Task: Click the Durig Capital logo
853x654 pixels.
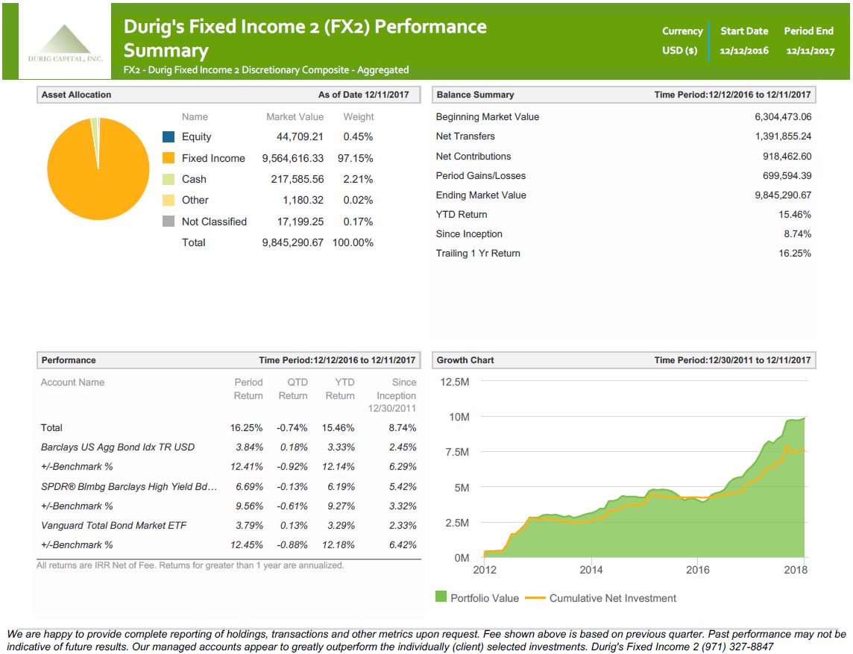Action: [x=66, y=43]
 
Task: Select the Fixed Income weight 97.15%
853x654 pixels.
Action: [x=358, y=158]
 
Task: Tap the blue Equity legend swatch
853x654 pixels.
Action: [x=169, y=137]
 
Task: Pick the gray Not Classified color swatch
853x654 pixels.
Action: [x=169, y=221]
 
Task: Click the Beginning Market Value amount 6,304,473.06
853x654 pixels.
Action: [x=783, y=117]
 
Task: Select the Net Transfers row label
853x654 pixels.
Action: [x=465, y=136]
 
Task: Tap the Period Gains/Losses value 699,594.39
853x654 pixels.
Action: [x=783, y=176]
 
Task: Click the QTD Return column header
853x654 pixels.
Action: [x=293, y=389]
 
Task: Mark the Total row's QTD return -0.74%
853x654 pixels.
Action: [x=292, y=428]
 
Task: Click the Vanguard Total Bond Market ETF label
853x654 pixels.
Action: [x=113, y=526]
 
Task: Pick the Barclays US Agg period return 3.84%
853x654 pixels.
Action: [x=249, y=447]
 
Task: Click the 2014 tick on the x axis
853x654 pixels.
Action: [x=591, y=570]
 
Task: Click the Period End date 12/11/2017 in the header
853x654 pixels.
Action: [x=810, y=51]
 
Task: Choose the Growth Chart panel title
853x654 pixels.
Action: [x=465, y=360]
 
